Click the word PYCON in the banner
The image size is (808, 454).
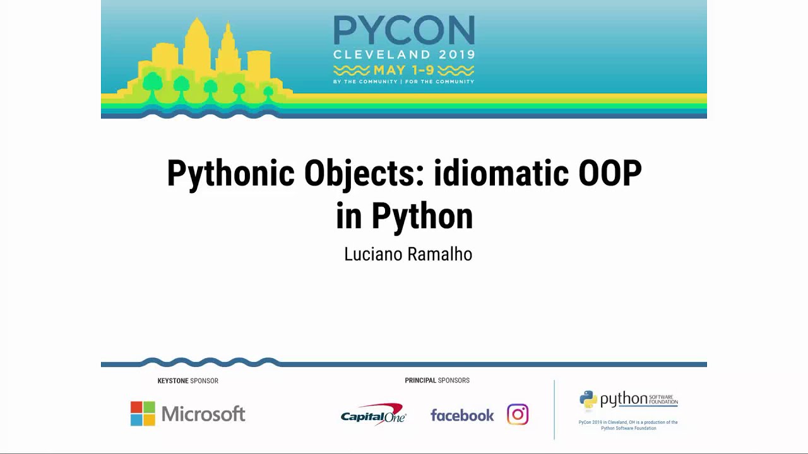click(404, 30)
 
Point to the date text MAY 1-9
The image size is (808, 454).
click(404, 69)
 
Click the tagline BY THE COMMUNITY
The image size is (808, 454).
click(365, 81)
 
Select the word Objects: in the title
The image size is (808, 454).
click(364, 173)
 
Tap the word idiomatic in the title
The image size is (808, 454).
click(502, 173)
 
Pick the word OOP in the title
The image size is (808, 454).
click(610, 173)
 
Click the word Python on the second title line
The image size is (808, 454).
click(422, 216)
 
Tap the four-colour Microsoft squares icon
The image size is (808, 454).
click(143, 414)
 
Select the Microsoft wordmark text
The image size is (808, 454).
click(203, 414)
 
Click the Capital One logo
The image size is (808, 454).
click(373, 415)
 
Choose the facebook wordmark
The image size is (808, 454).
click(462, 415)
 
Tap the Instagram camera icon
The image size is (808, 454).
click(518, 414)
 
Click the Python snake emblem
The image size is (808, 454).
click(588, 400)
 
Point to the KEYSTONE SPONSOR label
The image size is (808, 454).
click(187, 381)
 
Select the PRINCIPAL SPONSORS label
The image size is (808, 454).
click(437, 380)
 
